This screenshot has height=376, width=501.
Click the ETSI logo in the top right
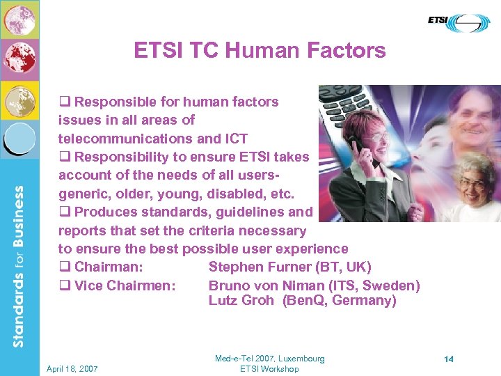(x=459, y=23)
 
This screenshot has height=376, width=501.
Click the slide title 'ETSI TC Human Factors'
(x=260, y=51)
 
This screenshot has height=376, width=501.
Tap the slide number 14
(x=449, y=359)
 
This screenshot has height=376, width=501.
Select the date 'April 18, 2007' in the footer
(x=72, y=369)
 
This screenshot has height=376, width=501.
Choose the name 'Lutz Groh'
(x=241, y=301)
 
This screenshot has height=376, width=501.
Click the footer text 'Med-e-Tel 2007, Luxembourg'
(x=269, y=359)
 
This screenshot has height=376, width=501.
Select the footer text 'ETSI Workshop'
(x=269, y=369)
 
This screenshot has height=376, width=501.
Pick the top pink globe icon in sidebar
(x=19, y=19)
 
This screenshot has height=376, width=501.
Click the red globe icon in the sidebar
(x=19, y=60)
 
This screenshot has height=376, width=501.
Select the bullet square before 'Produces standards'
(x=64, y=212)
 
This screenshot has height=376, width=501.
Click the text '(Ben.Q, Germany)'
(x=340, y=301)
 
